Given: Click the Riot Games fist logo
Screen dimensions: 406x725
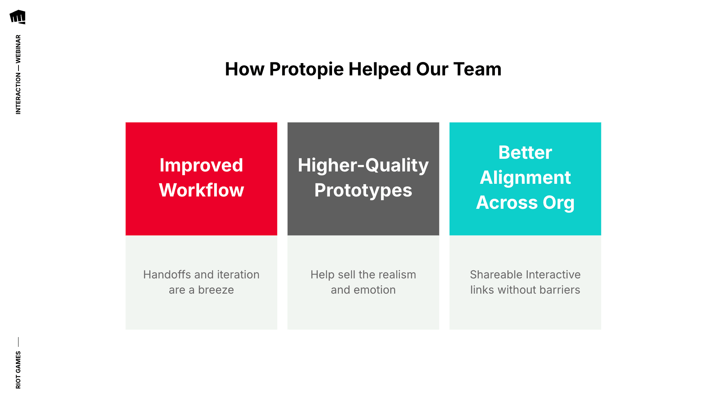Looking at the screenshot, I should pyautogui.click(x=18, y=17).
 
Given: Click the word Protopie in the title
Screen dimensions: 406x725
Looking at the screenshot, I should pyautogui.click(x=306, y=69).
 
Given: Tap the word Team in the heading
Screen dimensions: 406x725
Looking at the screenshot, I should pyautogui.click(x=477, y=69).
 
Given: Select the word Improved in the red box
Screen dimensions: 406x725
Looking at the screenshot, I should pyautogui.click(x=201, y=165).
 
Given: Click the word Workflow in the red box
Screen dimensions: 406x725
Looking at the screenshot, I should pyautogui.click(x=201, y=190).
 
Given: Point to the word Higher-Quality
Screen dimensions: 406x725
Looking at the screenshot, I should pyautogui.click(x=363, y=165).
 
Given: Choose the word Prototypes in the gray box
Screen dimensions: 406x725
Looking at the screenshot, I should pyautogui.click(x=363, y=190).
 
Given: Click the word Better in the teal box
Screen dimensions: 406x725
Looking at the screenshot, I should pyautogui.click(x=525, y=153).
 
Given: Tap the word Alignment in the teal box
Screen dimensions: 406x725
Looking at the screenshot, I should pyautogui.click(x=525, y=178).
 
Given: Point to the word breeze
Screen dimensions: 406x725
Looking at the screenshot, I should pyautogui.click(x=216, y=290).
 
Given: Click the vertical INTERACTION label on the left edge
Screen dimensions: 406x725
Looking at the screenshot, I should pyautogui.click(x=18, y=94).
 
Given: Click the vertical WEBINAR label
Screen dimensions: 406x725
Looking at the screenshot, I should pyautogui.click(x=18, y=49).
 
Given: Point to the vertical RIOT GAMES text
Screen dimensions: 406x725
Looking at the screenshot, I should pyautogui.click(x=18, y=370).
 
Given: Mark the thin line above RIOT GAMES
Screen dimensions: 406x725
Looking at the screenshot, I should pyautogui.click(x=18, y=342).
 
